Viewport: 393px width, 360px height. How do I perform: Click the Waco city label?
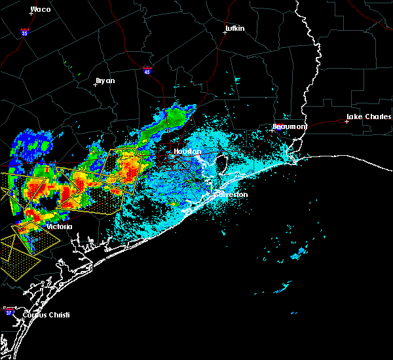(41, 9)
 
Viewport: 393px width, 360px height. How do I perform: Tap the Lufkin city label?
(234, 29)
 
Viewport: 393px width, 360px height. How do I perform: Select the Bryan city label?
(105, 81)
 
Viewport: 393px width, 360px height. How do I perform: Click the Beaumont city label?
(289, 126)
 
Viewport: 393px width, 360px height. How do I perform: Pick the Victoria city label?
(59, 226)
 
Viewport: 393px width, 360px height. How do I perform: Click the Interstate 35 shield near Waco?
(24, 31)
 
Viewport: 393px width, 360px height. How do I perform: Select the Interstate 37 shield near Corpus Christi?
(9, 310)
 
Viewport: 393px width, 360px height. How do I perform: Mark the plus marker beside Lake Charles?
(346, 121)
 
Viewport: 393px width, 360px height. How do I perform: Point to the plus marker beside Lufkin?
(225, 33)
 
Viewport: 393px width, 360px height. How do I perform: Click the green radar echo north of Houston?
(175, 117)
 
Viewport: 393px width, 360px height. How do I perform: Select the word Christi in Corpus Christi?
(56, 315)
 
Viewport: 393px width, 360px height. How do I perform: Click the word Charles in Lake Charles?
(374, 118)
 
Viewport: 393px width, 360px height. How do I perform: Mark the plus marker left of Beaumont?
(272, 130)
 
